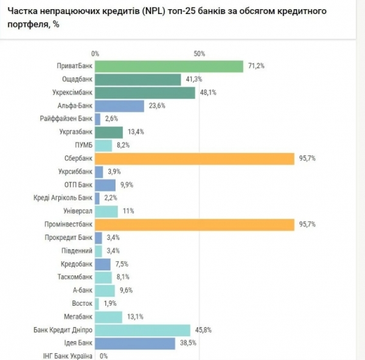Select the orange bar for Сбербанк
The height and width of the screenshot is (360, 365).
194,158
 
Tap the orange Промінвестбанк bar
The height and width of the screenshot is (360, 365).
194,224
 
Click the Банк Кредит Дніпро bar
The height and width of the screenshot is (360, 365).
142,330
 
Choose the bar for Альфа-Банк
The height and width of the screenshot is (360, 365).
119,105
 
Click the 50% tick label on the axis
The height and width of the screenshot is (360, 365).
200,54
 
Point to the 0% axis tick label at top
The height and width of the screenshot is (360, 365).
95,54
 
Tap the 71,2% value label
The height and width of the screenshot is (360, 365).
255,66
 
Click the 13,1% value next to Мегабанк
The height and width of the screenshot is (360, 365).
134,317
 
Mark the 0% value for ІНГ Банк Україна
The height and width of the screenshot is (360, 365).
103,356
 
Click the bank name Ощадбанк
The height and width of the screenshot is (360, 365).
77,80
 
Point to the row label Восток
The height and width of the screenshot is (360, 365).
82,303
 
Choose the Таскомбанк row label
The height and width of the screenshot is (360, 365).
74,277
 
